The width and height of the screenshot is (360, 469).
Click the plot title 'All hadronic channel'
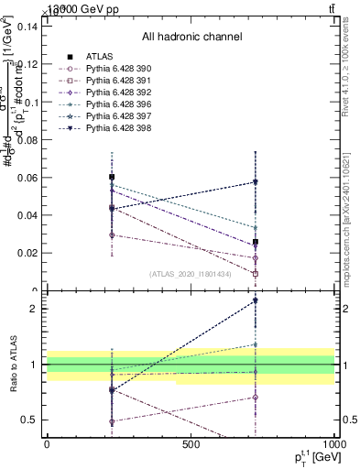tap(191, 38)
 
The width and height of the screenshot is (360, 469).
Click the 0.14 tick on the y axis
tap(26, 27)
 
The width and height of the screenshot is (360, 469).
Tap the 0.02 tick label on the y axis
tap(26, 253)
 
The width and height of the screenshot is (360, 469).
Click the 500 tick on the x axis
tap(191, 443)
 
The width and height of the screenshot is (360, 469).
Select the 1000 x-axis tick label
tap(333, 443)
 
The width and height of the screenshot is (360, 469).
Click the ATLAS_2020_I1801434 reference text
tap(191, 274)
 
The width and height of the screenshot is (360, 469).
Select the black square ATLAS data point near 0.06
tap(112, 177)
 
